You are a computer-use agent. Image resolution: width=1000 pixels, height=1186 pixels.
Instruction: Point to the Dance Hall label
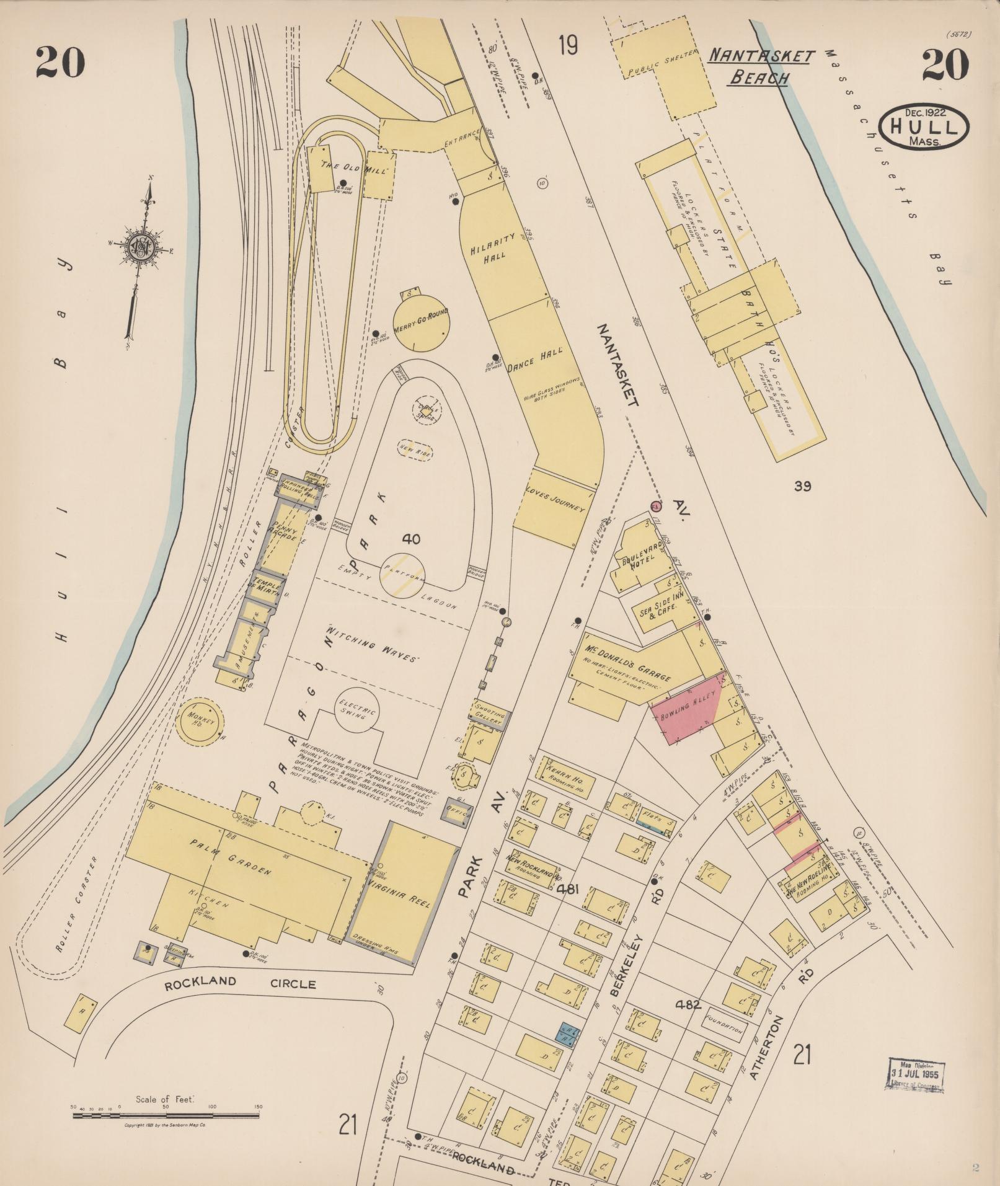tap(534, 358)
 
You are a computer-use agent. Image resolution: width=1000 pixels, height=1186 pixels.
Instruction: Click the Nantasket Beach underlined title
tap(760, 67)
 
